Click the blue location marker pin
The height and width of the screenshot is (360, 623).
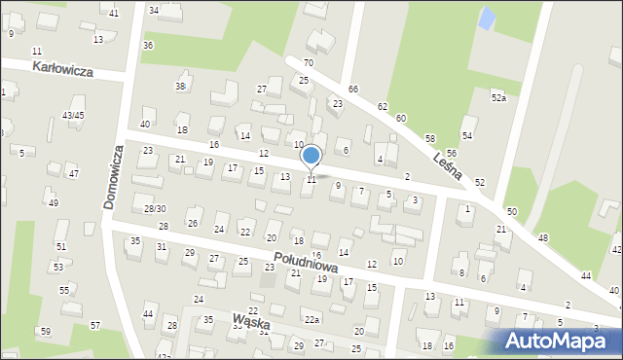point(311,155)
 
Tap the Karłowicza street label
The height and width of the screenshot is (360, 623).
point(61,67)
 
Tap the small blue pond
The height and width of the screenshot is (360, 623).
point(485,18)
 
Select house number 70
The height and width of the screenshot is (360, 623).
point(309,62)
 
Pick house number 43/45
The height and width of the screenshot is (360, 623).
point(73,115)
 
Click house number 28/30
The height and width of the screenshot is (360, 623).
point(155,208)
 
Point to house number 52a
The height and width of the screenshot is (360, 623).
point(499,97)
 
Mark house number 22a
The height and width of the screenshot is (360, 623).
point(311,319)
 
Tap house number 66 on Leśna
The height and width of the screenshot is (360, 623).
point(353,89)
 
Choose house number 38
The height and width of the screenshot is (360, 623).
point(180,87)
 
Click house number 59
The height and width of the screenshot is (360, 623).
point(45,332)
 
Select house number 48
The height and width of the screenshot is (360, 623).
point(543,237)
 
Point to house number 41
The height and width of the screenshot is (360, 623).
point(114,13)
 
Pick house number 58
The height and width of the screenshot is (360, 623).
point(430,139)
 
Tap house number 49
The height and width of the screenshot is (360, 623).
point(53,202)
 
